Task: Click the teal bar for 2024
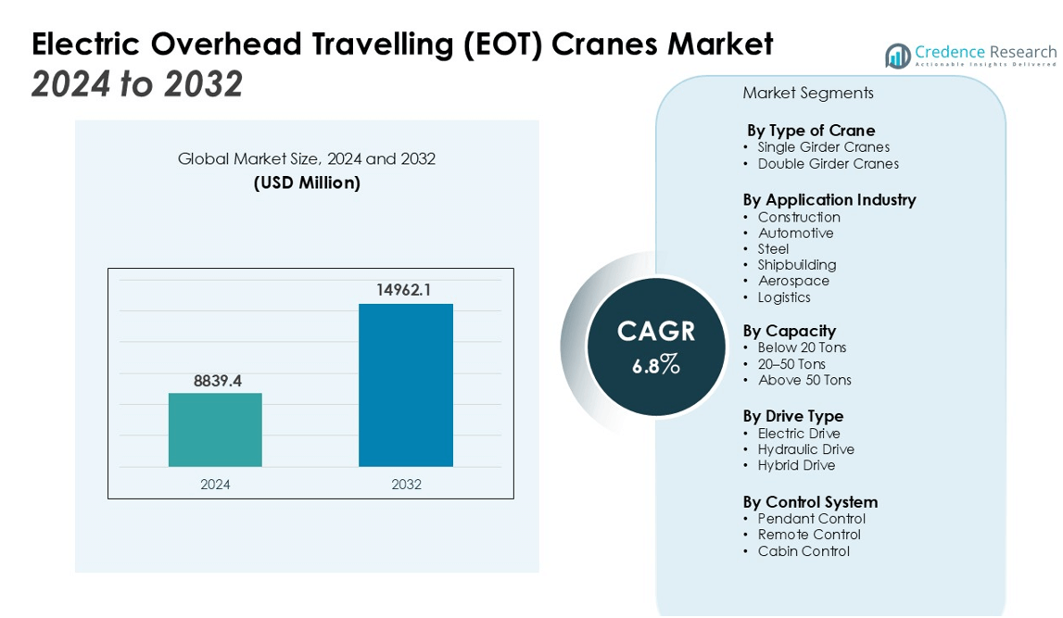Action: point(215,430)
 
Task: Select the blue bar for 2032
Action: point(406,385)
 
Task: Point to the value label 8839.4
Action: point(217,381)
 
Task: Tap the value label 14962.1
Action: point(404,290)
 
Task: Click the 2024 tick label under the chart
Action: point(215,485)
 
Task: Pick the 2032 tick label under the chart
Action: point(406,485)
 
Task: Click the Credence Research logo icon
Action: point(897,56)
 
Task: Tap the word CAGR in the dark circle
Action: point(656,332)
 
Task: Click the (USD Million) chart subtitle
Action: point(307,183)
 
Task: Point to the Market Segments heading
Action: point(808,94)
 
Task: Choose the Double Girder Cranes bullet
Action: point(828,164)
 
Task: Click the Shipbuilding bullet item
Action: point(797,265)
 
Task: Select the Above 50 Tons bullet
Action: point(804,380)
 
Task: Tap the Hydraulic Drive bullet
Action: point(806,449)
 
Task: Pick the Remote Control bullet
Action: point(809,535)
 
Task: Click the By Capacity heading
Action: point(790,331)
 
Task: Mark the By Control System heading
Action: point(810,502)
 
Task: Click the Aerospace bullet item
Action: point(794,281)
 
